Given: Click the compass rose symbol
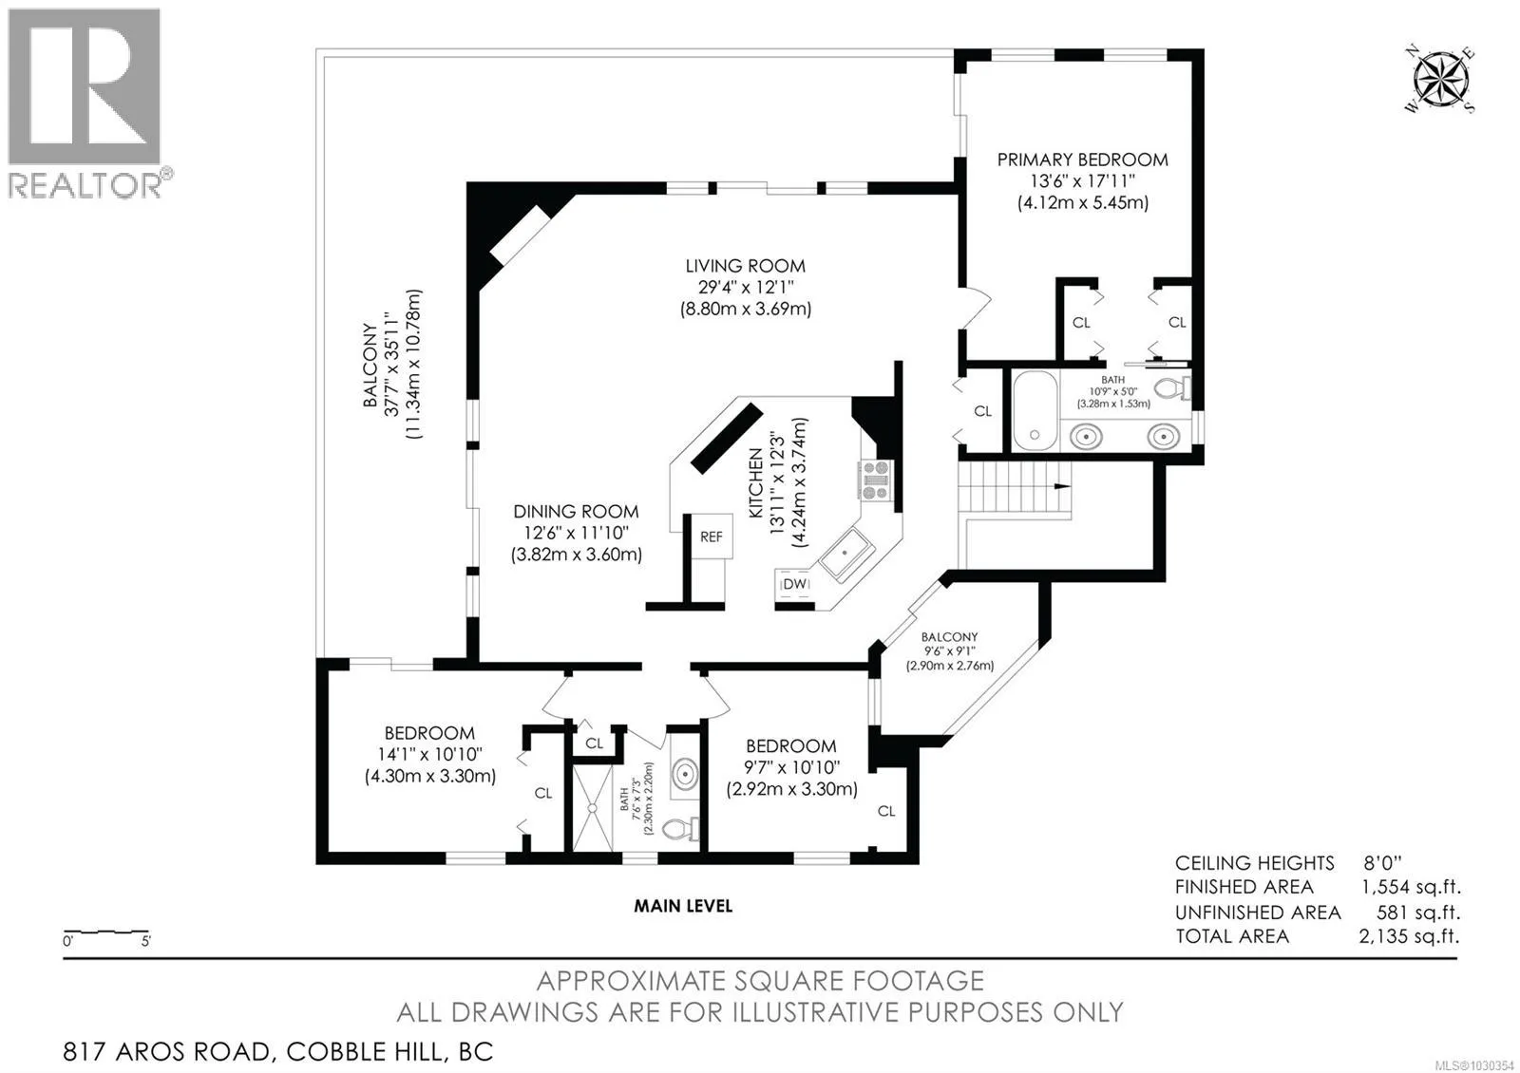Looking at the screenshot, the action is click(x=1439, y=81).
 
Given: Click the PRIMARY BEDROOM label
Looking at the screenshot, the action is click(x=1082, y=160).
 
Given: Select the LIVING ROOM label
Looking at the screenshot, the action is click(x=745, y=267).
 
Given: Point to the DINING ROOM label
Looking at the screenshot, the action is click(x=576, y=512).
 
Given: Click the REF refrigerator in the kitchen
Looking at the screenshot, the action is click(x=712, y=536).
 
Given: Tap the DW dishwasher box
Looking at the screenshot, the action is click(x=794, y=584).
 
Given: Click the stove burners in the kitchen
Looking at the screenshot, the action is click(x=876, y=480).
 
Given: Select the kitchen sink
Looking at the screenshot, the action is click(x=845, y=555).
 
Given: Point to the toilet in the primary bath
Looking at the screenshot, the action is click(x=1172, y=388).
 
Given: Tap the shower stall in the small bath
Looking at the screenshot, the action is click(x=593, y=808).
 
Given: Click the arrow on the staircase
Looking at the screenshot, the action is click(x=1061, y=486).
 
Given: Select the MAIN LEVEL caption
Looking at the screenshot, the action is click(x=683, y=906).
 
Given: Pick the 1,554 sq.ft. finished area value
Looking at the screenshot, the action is click(x=1411, y=887).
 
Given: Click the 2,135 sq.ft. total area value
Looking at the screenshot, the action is click(x=1409, y=936).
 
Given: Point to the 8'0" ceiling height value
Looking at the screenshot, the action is click(x=1382, y=863).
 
